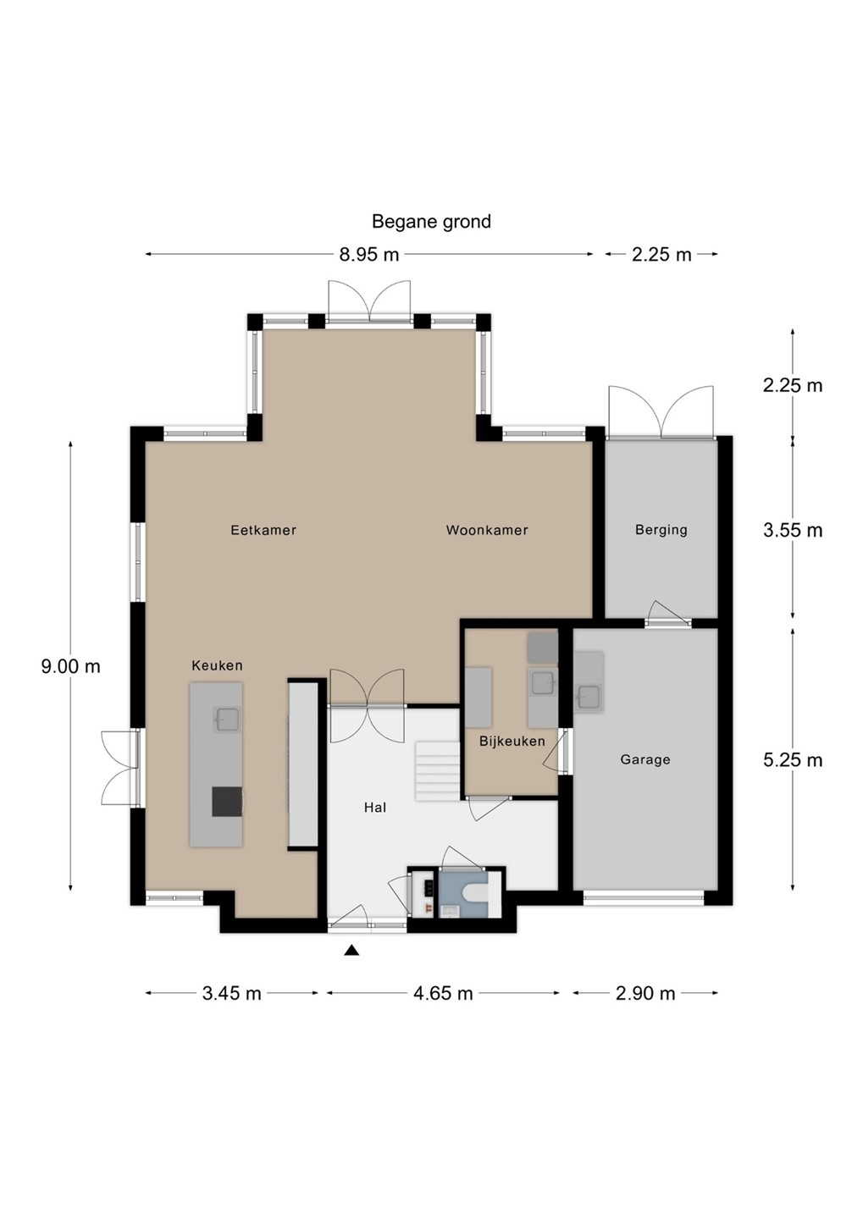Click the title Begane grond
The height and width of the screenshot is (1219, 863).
click(x=431, y=222)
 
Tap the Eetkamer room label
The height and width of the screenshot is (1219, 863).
click(x=263, y=530)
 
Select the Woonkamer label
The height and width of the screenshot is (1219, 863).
click(x=487, y=530)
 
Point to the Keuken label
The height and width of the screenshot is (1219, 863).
click(x=217, y=665)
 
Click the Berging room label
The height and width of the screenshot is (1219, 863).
click(x=661, y=530)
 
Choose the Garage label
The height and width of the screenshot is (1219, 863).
click(x=645, y=759)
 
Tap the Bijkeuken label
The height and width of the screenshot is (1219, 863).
click(x=512, y=741)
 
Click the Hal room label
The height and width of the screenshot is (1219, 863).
click(x=375, y=808)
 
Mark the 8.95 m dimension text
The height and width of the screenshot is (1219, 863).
click(x=369, y=254)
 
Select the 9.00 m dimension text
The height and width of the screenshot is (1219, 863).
click(x=71, y=666)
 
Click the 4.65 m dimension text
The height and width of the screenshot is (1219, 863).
click(x=443, y=993)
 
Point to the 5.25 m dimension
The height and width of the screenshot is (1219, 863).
click(x=792, y=759)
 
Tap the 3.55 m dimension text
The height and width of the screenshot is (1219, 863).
click(x=792, y=530)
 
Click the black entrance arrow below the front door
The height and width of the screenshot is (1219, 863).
click(x=352, y=951)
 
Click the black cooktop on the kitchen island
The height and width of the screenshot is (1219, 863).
click(x=226, y=801)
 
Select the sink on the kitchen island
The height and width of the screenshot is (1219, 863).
click(x=227, y=720)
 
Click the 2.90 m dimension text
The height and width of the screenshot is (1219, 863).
click(x=645, y=993)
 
